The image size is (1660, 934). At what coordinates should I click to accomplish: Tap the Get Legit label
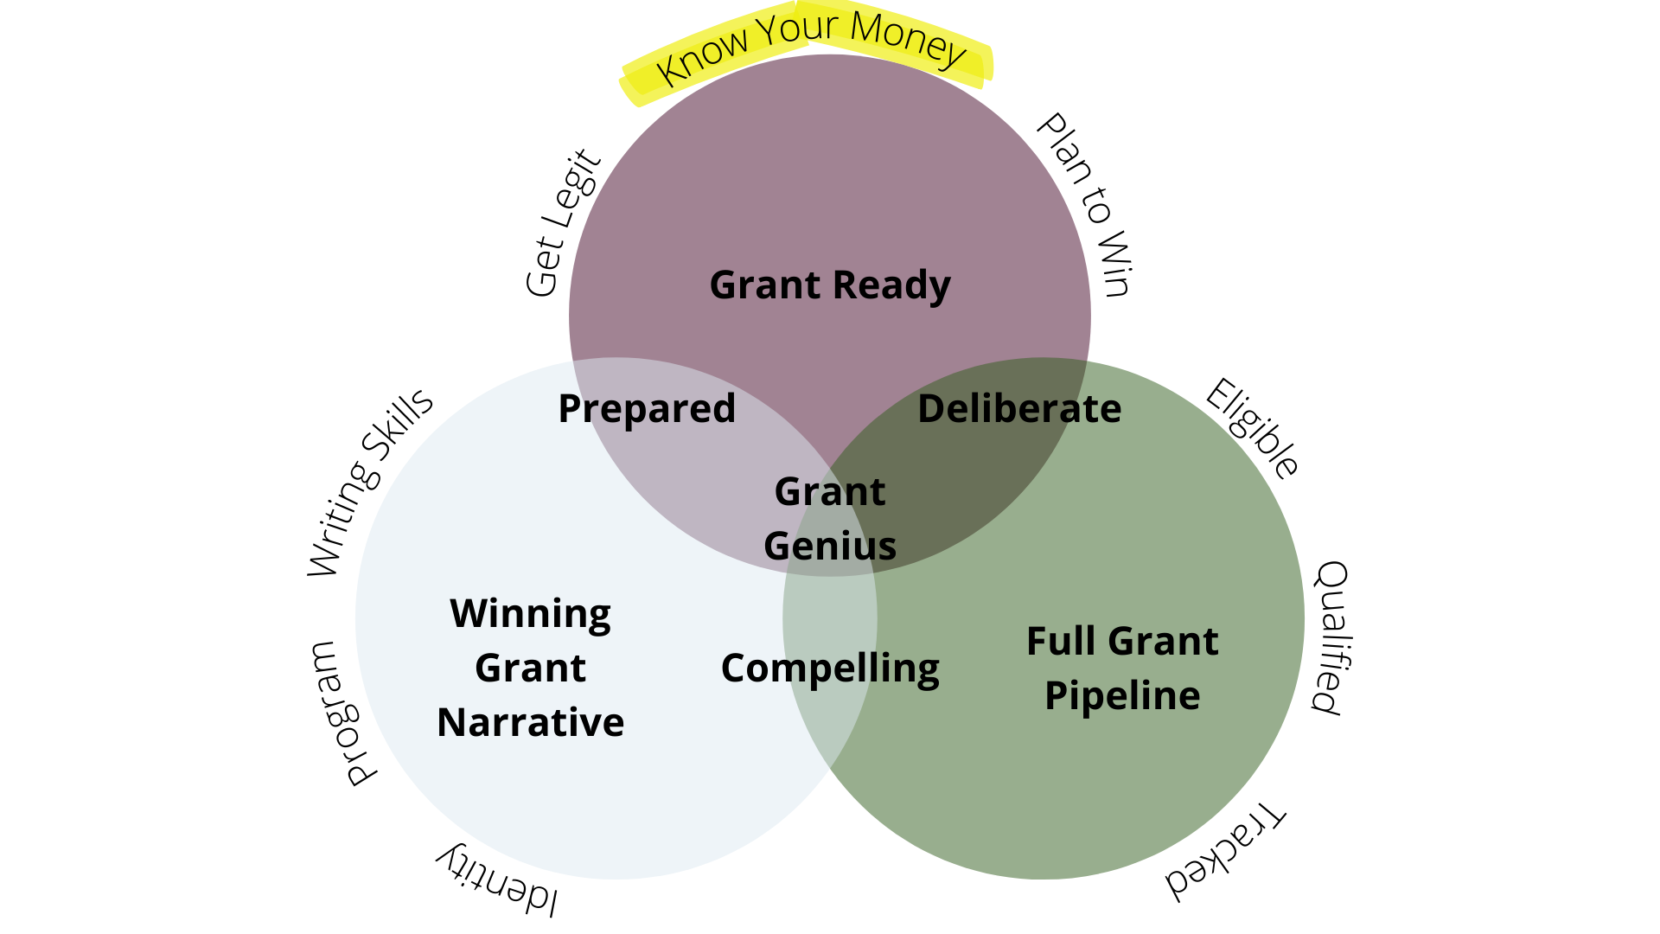coord(562,223)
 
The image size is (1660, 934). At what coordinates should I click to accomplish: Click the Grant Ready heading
coord(830,285)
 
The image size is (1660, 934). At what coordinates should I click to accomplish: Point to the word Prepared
coord(647,409)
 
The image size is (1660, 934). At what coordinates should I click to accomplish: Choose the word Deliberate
coord(1019,409)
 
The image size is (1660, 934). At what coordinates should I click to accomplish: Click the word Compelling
coord(830,669)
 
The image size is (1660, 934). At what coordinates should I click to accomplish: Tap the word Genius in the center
coord(830,546)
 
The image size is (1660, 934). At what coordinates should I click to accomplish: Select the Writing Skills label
coord(370,481)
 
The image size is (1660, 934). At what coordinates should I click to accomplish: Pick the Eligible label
coord(1252,428)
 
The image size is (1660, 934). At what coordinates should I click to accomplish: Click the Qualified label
coord(1332,637)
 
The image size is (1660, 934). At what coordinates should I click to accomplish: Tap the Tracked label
coord(1225,852)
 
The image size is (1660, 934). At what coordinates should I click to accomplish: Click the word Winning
coord(530,615)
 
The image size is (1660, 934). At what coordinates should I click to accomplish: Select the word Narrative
coord(530,723)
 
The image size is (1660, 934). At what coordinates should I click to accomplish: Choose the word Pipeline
coord(1122,696)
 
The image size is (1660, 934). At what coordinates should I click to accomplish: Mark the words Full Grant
coord(1122,642)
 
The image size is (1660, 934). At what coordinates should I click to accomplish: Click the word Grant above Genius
coord(830,492)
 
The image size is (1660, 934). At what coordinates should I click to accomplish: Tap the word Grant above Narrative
coord(530,669)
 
